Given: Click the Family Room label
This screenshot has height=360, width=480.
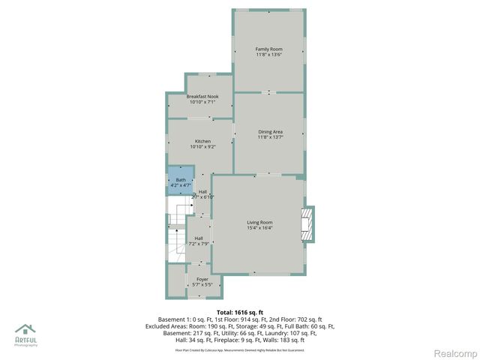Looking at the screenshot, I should [x=268, y=49].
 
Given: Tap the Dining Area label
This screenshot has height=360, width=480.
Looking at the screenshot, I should [x=270, y=132].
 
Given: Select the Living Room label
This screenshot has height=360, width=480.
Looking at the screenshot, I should [x=260, y=222].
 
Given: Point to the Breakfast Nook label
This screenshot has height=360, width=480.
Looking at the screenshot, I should [x=202, y=97].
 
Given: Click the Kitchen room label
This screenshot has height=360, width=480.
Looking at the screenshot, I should [x=202, y=142].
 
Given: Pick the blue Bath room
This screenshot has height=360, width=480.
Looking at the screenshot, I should [x=181, y=181].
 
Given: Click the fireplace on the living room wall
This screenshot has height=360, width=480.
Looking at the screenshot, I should [x=305, y=224].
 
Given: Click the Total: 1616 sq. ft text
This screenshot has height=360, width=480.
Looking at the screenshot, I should [x=240, y=311].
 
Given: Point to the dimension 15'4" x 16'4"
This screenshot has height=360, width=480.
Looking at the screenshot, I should [x=260, y=228].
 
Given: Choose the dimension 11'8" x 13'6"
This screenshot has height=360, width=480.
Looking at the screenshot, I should [x=268, y=55].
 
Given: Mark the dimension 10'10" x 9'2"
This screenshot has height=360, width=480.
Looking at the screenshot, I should [x=202, y=148].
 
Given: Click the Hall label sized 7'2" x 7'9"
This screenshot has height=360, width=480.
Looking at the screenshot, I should [x=199, y=238].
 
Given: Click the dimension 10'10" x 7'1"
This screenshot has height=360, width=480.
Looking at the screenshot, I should [x=202, y=103].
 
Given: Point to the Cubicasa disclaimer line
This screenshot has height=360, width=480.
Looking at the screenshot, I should [x=240, y=349].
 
